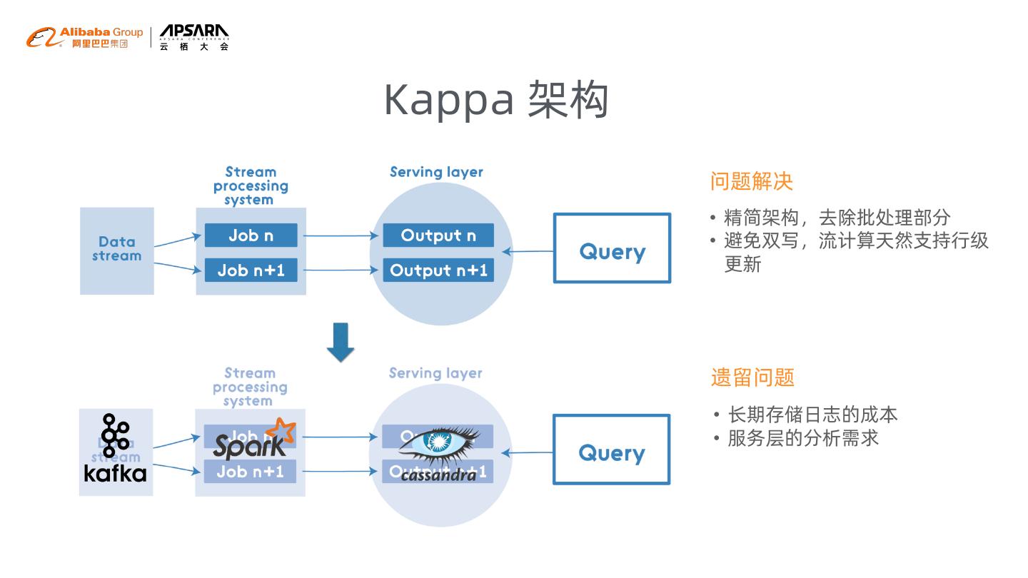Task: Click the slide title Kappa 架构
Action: pos(496,100)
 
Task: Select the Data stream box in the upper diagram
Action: pos(117,250)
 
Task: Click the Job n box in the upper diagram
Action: pos(251,235)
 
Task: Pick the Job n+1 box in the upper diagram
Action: pos(251,270)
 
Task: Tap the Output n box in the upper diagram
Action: pos(438,235)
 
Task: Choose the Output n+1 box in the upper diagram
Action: pos(438,270)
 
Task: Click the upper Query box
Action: pos(612,248)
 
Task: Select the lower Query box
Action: pos(611,450)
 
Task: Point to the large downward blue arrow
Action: pos(341,342)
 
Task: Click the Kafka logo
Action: pos(115,448)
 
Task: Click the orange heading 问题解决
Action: pos(752,181)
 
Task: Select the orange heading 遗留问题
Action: pos(752,377)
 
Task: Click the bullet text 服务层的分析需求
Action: pos(803,437)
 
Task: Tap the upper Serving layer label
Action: pos(436,172)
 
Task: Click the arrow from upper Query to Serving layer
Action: pos(528,251)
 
